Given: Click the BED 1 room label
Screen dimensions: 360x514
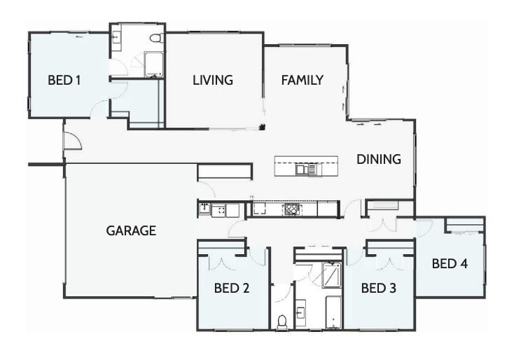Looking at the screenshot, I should pyautogui.click(x=64, y=81).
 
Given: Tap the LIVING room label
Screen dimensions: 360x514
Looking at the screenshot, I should pyautogui.click(x=213, y=81).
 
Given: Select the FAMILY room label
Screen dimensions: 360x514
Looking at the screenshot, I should pyautogui.click(x=303, y=81).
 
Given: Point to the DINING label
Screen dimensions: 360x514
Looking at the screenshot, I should pyautogui.click(x=379, y=160).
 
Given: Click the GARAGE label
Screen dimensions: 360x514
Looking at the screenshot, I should pyautogui.click(x=131, y=230).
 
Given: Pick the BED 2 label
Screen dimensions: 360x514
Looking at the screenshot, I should pyautogui.click(x=232, y=287).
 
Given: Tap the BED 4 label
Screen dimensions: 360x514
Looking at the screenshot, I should pyautogui.click(x=450, y=264).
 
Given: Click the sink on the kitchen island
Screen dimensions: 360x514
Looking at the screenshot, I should pyautogui.click(x=305, y=169).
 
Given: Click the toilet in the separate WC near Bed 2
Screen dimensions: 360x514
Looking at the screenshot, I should pyautogui.click(x=282, y=321).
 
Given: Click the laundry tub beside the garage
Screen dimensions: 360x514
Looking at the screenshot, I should pyautogui.click(x=204, y=209).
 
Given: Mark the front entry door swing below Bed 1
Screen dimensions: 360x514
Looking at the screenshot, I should pyautogui.click(x=72, y=141).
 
